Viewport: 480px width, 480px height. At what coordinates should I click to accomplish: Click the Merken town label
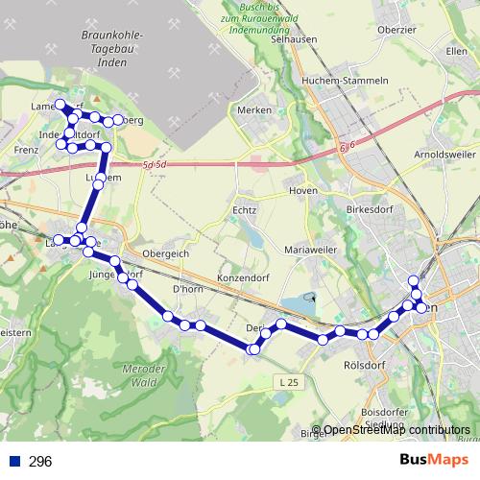point(254,111)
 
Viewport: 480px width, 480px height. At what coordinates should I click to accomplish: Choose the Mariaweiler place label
point(311,250)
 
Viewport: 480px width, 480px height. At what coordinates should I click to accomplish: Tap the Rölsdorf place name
point(364,365)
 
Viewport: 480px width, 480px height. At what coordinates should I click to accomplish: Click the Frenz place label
point(25,152)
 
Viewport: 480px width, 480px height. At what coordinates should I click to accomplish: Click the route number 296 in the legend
point(40,462)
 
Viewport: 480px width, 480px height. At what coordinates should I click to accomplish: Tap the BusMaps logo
point(432,461)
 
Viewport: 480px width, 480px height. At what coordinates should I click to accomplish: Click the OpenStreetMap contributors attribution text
point(396,430)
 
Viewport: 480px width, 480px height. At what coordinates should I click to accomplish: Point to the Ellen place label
point(457,50)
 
